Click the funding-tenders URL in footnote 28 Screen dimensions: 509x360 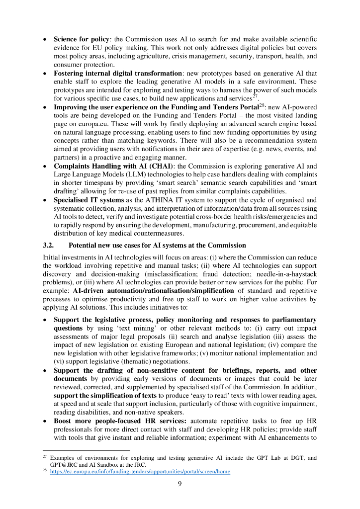tap(140, 471)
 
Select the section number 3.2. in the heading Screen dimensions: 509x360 tap(51, 245)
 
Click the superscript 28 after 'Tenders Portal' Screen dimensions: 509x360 tap(261, 105)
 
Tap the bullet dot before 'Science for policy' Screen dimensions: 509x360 tap(46, 39)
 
